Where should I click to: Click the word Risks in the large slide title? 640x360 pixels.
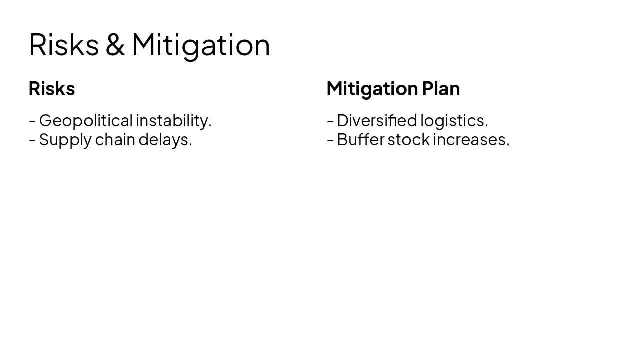coord(64,45)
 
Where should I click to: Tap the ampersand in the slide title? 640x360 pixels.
coord(115,45)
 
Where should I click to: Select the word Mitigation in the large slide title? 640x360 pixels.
coord(201,45)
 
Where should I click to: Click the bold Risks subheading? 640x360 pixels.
coord(52,89)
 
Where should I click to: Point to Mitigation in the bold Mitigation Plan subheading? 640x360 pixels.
coord(372,89)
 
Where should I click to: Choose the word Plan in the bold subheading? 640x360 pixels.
coord(441,89)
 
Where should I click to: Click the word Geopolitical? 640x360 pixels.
coord(86,121)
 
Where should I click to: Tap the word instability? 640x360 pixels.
coord(174,121)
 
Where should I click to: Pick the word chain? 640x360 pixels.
coord(115,140)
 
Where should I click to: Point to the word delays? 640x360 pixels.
coord(165,140)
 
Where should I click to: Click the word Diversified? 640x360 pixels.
coord(377,121)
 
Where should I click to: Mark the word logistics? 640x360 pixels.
coord(454,121)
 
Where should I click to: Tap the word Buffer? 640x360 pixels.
coord(360,140)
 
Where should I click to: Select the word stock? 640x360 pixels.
coord(408,140)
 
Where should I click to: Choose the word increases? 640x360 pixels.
coord(471,140)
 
